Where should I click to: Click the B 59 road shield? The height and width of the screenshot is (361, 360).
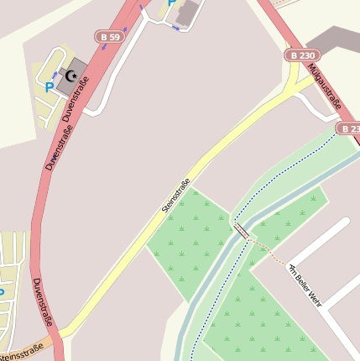(x=109, y=37)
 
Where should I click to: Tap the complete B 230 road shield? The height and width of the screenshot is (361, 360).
(x=302, y=55)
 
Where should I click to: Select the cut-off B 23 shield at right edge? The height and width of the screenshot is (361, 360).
(x=349, y=128)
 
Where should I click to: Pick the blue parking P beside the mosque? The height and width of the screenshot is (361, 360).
(x=50, y=86)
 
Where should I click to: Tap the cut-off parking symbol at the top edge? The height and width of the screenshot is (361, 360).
(x=172, y=3)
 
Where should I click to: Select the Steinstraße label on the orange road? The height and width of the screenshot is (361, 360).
(x=20, y=353)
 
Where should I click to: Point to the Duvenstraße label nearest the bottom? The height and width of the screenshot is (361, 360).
(x=43, y=302)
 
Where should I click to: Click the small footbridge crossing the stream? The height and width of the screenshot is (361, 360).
(x=241, y=230)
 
